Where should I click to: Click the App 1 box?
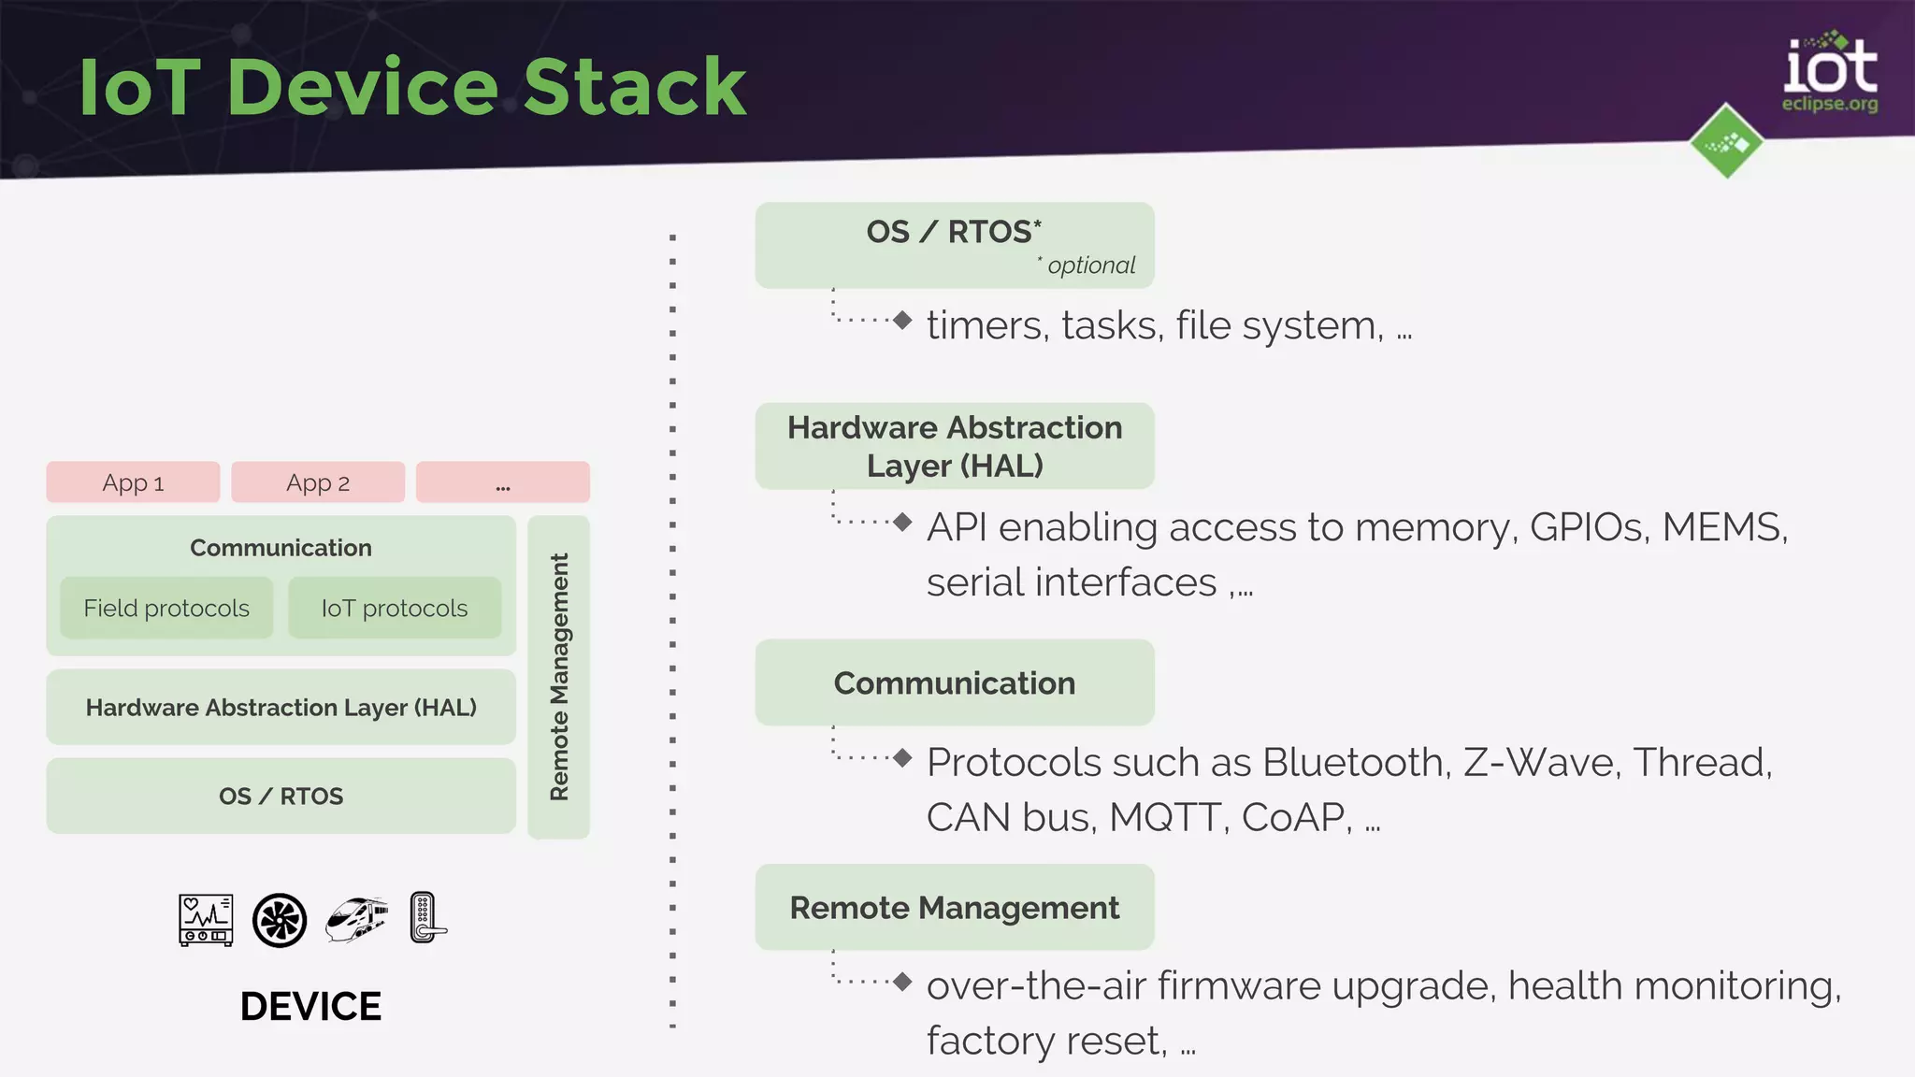pos(133,482)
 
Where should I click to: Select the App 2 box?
pos(318,482)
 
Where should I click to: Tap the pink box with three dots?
pos(503,482)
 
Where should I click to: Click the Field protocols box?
pos(166,609)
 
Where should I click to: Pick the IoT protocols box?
pos(395,609)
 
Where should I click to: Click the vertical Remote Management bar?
pos(559,677)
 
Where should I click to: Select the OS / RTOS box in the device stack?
pos(281,797)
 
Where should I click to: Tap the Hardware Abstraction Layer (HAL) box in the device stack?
pos(281,708)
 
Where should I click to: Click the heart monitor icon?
pos(206,920)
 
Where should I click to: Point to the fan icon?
pos(280,920)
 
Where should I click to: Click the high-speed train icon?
pos(356,919)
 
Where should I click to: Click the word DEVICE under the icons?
pos(310,1007)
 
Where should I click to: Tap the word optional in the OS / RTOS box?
pos(1091,266)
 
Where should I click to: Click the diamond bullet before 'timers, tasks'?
pos(902,321)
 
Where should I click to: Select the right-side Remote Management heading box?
pos(954,908)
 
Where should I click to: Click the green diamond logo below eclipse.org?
pos(1726,142)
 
